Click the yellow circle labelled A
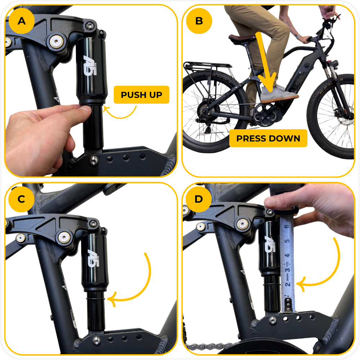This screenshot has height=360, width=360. [22, 21]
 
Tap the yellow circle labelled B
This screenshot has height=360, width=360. [199, 21]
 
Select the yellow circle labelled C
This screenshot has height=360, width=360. [21, 199]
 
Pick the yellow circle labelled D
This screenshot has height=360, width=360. [199, 199]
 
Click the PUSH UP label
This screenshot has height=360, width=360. [141, 95]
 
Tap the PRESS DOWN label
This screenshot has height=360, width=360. [268, 139]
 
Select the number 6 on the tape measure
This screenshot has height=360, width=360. [287, 226]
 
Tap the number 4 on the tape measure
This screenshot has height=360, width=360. [287, 256]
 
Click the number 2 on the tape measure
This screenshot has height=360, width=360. [287, 285]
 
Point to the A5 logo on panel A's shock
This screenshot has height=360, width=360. [90, 66]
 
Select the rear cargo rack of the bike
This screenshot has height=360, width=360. [207, 67]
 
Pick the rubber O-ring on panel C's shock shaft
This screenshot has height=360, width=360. [96, 299]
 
